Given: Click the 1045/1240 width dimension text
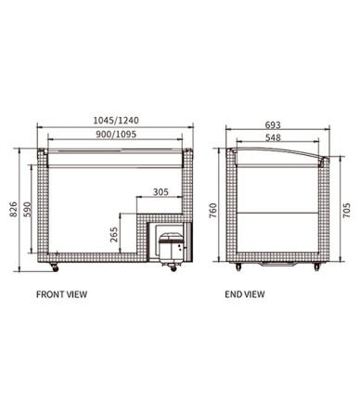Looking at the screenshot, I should [x=117, y=119].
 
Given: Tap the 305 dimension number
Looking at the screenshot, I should [x=160, y=192].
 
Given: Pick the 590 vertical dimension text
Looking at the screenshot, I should [x=29, y=209].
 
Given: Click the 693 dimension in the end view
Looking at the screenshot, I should [x=271, y=123].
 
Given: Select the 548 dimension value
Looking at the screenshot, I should [x=271, y=136].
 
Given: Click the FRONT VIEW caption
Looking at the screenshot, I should [x=61, y=294].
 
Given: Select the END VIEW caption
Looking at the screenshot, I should [x=245, y=294].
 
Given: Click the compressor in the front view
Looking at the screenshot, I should [x=169, y=245].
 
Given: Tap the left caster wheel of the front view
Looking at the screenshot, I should [x=54, y=267].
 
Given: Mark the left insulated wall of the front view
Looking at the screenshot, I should [x=39, y=209].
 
